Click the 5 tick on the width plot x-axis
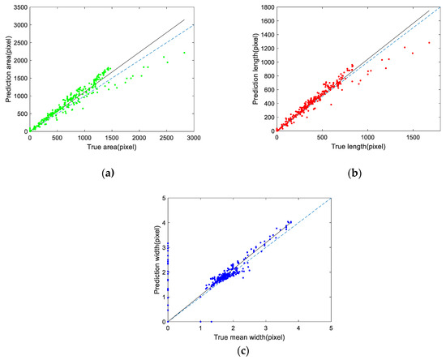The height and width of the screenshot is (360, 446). (331, 327)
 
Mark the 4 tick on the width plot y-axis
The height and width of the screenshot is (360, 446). (162, 223)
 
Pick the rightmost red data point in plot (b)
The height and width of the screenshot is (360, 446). (429, 43)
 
